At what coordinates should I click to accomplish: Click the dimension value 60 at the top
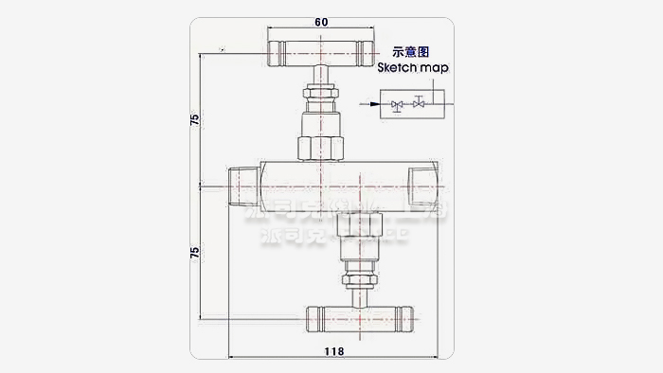[321, 20]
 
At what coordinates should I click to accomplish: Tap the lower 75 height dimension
[194, 253]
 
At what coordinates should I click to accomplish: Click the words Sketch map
[414, 68]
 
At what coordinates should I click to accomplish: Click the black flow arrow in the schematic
[373, 103]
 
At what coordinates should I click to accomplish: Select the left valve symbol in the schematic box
[396, 104]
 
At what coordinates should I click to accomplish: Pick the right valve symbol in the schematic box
[417, 103]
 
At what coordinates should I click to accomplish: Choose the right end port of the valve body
[421, 186]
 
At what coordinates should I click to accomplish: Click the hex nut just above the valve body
[321, 150]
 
